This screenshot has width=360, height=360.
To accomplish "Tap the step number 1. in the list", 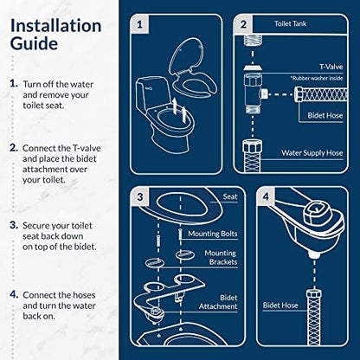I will click(x=14, y=84).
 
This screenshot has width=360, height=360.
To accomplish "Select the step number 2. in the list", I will click(x=14, y=148).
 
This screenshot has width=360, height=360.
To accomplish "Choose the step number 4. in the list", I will click(x=14, y=295).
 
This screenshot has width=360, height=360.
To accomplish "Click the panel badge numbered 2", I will click(x=244, y=25).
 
